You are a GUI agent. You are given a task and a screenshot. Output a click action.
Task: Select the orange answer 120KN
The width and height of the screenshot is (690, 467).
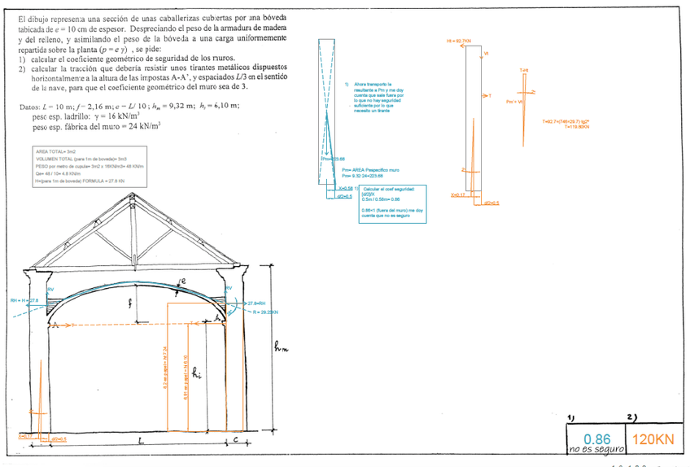point(653,439)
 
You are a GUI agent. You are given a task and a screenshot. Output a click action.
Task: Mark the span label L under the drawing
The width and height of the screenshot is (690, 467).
point(140,442)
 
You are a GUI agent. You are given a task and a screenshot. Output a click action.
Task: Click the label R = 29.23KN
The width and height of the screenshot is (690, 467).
point(266,312)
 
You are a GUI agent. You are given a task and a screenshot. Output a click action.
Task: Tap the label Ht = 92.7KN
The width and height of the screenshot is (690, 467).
point(460,40)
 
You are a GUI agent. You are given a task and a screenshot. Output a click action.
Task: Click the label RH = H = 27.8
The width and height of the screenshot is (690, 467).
point(24,300)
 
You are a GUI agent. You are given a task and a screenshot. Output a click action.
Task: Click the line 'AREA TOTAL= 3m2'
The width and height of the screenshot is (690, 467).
point(55,151)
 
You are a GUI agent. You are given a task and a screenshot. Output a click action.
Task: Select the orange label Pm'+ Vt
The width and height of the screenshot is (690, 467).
point(514,102)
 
